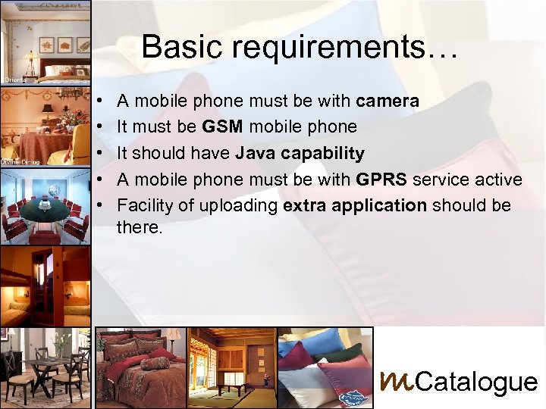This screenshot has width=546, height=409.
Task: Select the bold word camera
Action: (387, 101)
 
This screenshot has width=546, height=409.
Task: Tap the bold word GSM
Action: (223, 126)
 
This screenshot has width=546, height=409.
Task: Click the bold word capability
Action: (322, 154)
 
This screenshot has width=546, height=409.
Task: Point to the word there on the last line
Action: (139, 225)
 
